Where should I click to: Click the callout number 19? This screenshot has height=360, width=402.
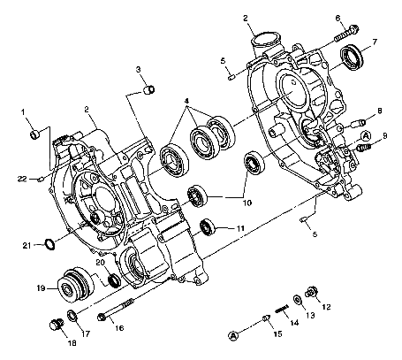(x=42, y=287)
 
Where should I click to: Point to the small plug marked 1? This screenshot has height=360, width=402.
(x=35, y=134)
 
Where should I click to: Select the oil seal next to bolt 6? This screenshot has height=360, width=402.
(x=354, y=59)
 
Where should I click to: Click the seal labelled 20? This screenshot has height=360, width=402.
(x=113, y=281)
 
